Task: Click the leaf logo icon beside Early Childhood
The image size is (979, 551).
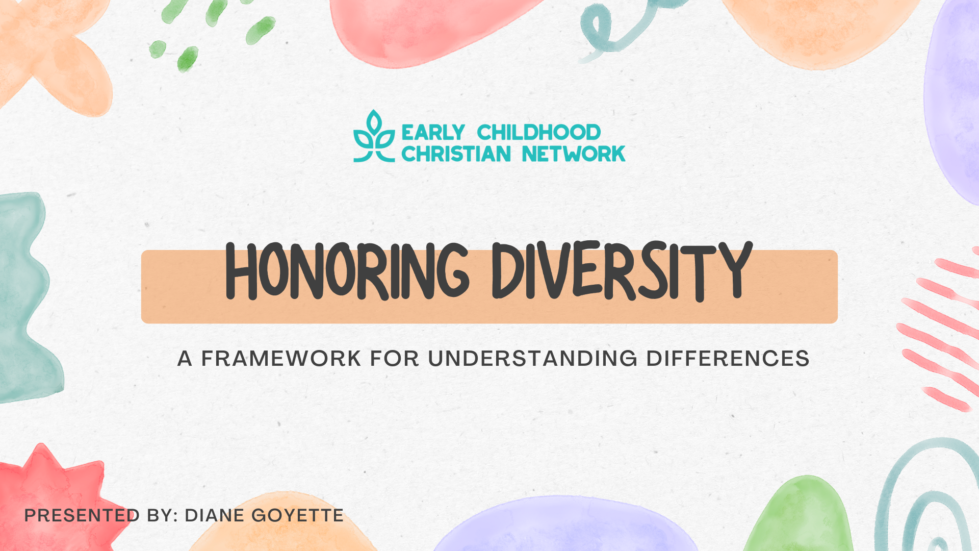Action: click(x=374, y=137)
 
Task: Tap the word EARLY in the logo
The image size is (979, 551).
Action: click(x=433, y=133)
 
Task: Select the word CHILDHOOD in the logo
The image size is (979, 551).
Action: click(x=538, y=133)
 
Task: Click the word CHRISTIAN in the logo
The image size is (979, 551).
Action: click(x=456, y=154)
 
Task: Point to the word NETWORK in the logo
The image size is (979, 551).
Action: click(x=574, y=154)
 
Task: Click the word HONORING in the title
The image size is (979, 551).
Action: click(x=347, y=271)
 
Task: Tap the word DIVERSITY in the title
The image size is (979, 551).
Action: click(x=622, y=271)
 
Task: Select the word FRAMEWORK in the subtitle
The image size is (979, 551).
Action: click(x=281, y=359)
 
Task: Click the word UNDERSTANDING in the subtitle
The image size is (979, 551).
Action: click(x=533, y=359)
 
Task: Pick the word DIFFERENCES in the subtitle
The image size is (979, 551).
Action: click(x=728, y=359)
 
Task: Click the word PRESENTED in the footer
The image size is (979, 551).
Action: click(x=82, y=516)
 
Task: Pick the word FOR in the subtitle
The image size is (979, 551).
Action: click(x=394, y=359)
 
